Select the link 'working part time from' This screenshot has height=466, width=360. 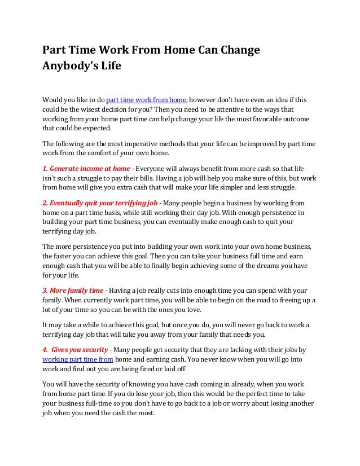[78, 359]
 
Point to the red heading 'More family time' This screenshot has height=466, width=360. [74, 291]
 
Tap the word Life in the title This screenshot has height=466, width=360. [111, 65]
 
